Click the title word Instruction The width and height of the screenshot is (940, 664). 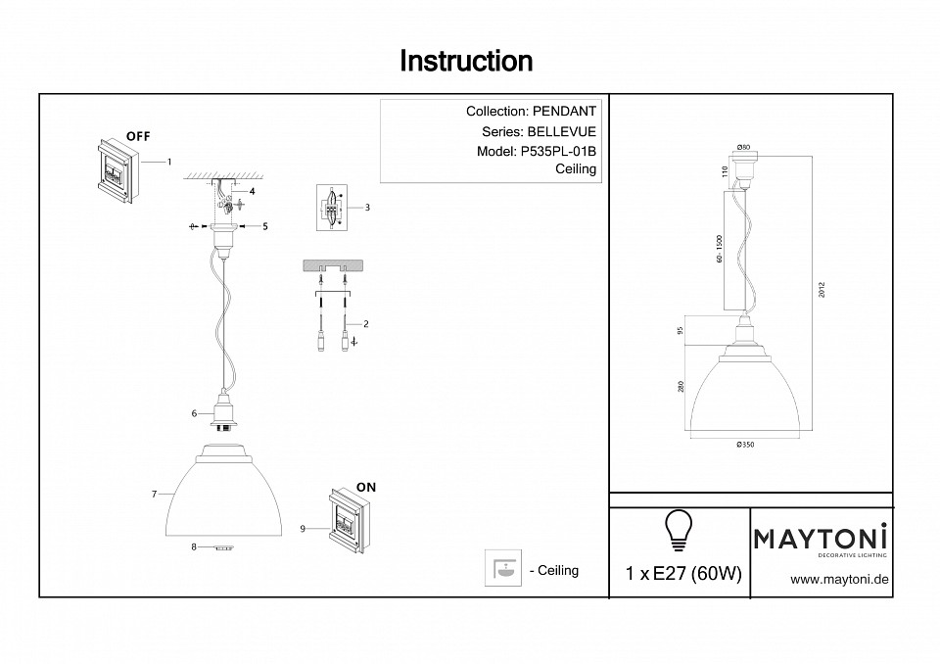pyautogui.click(x=466, y=62)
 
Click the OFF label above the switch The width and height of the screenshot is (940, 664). pyautogui.click(x=138, y=135)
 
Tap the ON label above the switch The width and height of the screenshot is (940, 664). pyautogui.click(x=366, y=487)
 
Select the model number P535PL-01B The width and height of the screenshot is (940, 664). pyautogui.click(x=555, y=151)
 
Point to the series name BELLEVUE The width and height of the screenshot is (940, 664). pyautogui.click(x=561, y=131)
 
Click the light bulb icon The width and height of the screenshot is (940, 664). pyautogui.click(x=678, y=530)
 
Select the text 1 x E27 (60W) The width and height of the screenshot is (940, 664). pyautogui.click(x=682, y=574)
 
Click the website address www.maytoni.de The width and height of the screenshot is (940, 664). pyautogui.click(x=838, y=580)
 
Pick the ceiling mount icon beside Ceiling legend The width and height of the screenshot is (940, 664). pyautogui.click(x=502, y=569)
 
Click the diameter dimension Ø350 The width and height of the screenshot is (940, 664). pyautogui.click(x=749, y=445)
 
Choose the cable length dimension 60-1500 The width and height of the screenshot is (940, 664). pyautogui.click(x=719, y=250)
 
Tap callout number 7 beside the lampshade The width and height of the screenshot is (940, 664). pyautogui.click(x=155, y=495)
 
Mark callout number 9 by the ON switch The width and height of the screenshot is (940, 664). pyautogui.click(x=303, y=529)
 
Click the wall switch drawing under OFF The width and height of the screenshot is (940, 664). pyautogui.click(x=116, y=171)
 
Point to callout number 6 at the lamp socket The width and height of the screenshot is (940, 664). pyautogui.click(x=195, y=413)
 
